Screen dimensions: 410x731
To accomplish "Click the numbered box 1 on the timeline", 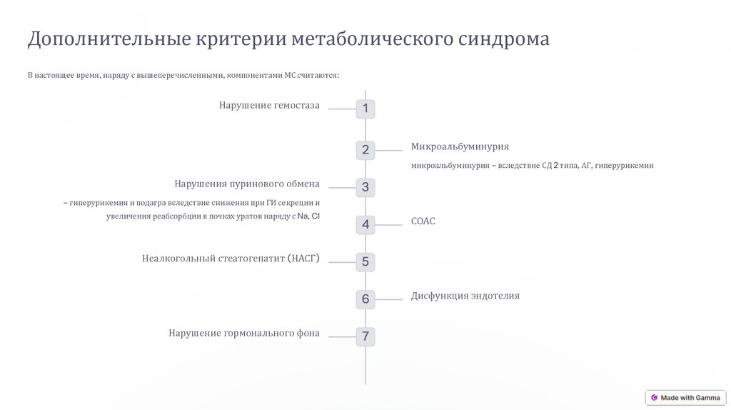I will click(365, 109).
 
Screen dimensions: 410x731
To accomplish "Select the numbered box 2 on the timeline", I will click(365, 150).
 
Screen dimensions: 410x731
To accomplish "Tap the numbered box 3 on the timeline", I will click(365, 187).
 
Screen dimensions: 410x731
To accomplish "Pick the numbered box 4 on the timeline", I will click(365, 224).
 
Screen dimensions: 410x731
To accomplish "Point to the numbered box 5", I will click(365, 261).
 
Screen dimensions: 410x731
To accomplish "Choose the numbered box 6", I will click(365, 299).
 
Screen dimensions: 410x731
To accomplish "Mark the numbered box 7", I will click(365, 336).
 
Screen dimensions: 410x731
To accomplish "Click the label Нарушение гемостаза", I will click(269, 106).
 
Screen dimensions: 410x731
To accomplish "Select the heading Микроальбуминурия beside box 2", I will click(460, 146).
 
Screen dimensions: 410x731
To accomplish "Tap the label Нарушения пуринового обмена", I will click(247, 184).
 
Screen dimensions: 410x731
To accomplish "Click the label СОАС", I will click(423, 221).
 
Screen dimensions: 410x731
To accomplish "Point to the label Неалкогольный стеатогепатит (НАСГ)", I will click(231, 259).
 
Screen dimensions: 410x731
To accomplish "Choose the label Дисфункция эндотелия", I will click(465, 296).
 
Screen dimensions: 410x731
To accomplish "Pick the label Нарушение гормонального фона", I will click(244, 333).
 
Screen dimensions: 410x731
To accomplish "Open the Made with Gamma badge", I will click(685, 398).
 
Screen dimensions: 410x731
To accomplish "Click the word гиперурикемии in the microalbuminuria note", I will click(625, 166).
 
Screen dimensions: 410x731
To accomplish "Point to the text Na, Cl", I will click(308, 216).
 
